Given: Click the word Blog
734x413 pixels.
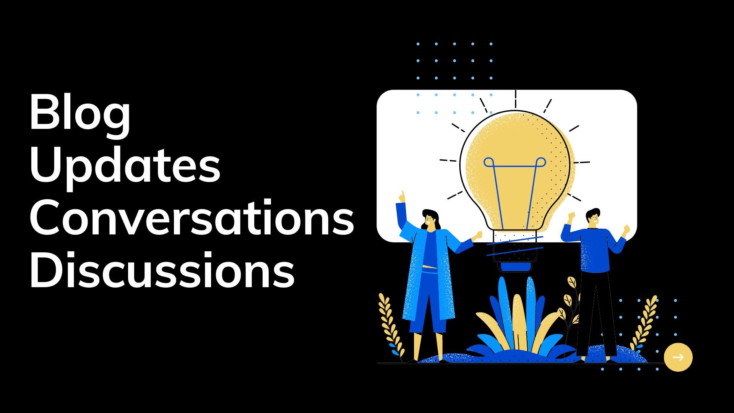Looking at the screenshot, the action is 80,113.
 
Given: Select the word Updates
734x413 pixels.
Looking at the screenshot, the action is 125,167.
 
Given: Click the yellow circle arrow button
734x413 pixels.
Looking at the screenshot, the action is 678,357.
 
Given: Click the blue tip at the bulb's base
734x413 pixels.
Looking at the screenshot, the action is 516,267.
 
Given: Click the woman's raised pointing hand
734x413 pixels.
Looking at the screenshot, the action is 402,197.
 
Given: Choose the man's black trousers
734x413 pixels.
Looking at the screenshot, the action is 596,314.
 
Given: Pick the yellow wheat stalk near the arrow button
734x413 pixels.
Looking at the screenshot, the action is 644,323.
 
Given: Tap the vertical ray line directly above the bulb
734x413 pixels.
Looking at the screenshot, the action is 515,99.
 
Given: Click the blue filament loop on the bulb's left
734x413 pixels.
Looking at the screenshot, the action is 489,162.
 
